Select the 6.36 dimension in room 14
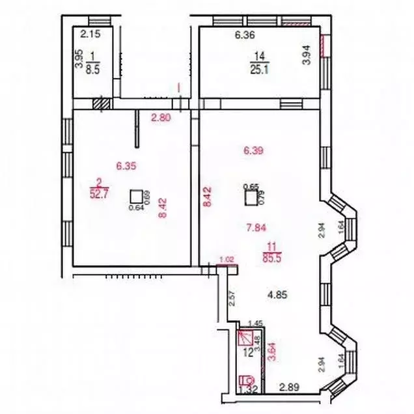(244, 36)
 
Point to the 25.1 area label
(258, 70)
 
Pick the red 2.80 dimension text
(160, 118)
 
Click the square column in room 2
(137, 197)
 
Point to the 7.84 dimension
(255, 227)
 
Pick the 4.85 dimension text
(279, 293)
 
